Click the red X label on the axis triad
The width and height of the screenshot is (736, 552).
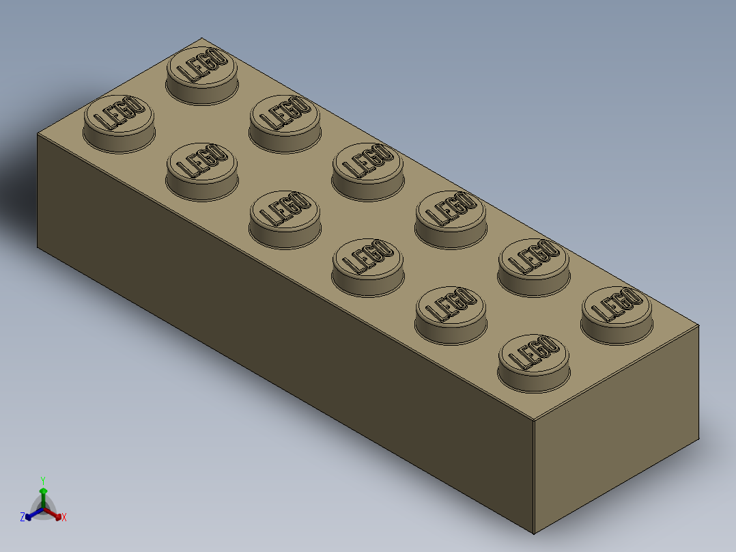tap(64, 518)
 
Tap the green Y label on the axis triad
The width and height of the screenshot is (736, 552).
tap(42, 480)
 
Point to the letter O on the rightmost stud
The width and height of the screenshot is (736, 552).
tap(634, 297)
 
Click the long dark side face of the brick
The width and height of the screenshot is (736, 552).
tap(273, 342)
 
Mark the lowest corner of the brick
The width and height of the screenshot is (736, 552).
tap(534, 534)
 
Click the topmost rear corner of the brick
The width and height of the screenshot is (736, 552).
tap(201, 38)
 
